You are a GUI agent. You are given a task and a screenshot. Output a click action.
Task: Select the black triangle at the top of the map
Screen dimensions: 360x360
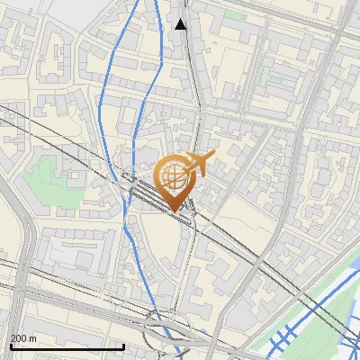tap(181, 24)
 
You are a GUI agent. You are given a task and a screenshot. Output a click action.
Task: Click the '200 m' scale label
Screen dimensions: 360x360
tap(23, 337)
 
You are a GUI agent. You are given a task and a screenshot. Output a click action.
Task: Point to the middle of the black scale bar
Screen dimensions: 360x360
tap(67, 346)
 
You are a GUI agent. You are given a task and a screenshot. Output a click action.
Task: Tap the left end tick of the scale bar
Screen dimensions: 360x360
tap(10, 345)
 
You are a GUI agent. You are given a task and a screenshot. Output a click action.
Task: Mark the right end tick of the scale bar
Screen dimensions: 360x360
tap(122, 345)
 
